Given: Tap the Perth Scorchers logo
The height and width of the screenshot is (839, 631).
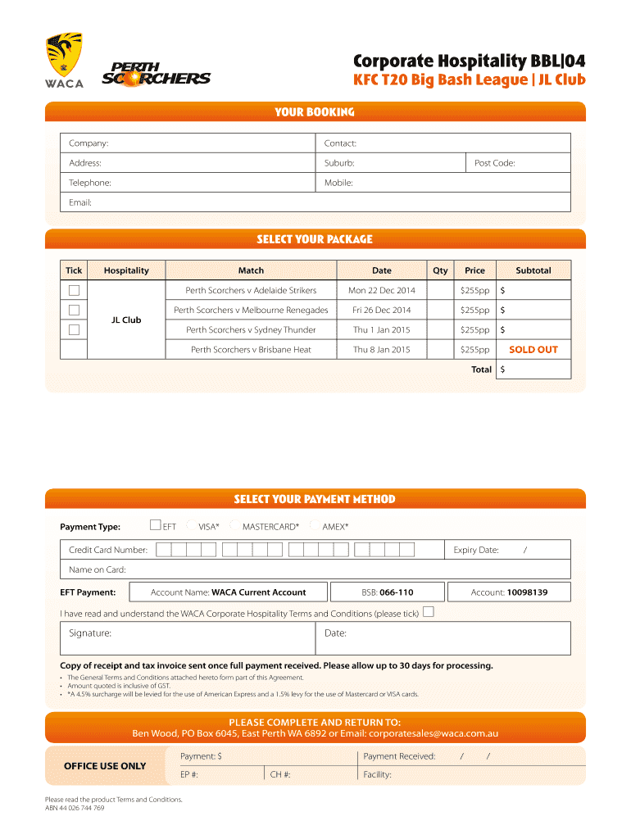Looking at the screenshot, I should (x=156, y=74).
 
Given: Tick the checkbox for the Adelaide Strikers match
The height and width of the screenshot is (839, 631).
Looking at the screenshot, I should (x=75, y=290).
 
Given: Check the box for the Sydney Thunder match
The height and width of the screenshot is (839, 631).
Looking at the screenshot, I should (x=75, y=329).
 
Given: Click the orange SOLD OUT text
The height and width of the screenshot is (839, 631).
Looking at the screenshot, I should (x=533, y=350).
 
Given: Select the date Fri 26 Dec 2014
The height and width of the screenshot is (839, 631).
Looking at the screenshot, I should (x=382, y=311).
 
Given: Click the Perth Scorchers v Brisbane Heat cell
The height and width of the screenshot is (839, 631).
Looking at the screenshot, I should (x=251, y=350).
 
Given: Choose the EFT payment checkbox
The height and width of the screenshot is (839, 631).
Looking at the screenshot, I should (x=155, y=525).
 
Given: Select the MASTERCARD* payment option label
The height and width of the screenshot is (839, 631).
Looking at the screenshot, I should (x=270, y=527).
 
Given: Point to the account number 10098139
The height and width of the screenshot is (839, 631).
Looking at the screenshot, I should (x=527, y=592).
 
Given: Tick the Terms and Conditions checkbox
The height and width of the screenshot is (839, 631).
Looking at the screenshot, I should (x=428, y=612).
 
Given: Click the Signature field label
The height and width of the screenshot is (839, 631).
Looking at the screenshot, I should (x=90, y=633).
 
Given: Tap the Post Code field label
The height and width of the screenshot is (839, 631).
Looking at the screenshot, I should (x=494, y=163).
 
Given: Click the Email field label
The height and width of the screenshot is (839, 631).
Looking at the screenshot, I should (x=80, y=202).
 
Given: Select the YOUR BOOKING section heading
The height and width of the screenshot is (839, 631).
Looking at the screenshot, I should (x=315, y=112).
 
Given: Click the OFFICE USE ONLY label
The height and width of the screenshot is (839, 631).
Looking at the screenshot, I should (x=105, y=766).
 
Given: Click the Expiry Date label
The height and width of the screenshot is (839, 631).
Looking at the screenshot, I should (x=476, y=551).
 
